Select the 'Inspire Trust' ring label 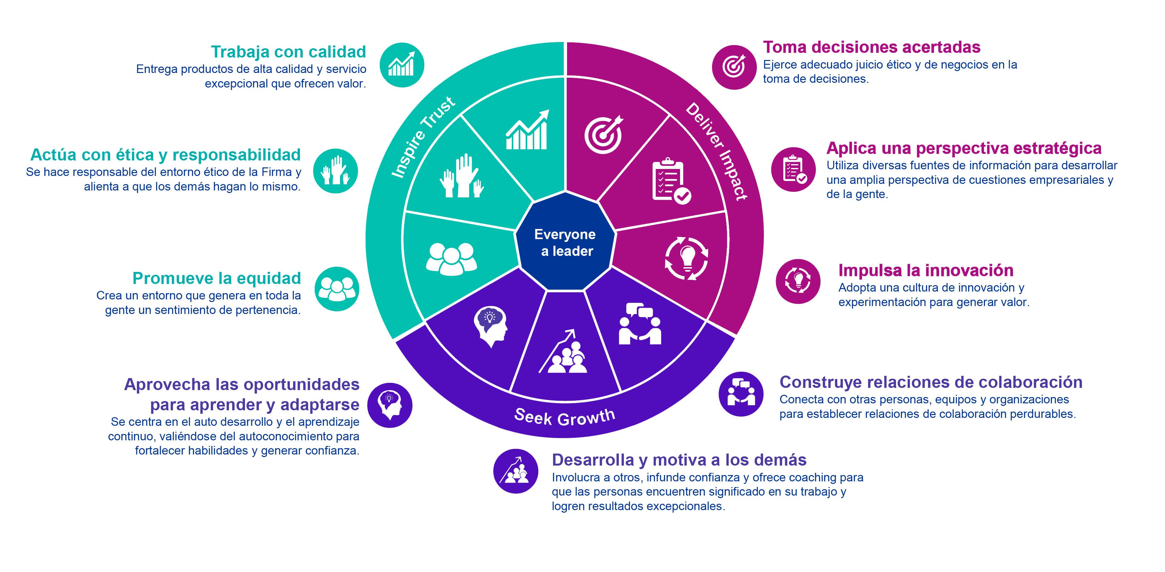[423, 138]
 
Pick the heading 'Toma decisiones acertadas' [871, 47]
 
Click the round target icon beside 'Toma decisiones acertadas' [734, 67]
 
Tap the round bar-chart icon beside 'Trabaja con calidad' [402, 65]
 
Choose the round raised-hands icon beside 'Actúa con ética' [336, 171]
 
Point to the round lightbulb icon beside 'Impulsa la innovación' [798, 281]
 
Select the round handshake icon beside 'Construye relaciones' [741, 394]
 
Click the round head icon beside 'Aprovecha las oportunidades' [389, 405]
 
